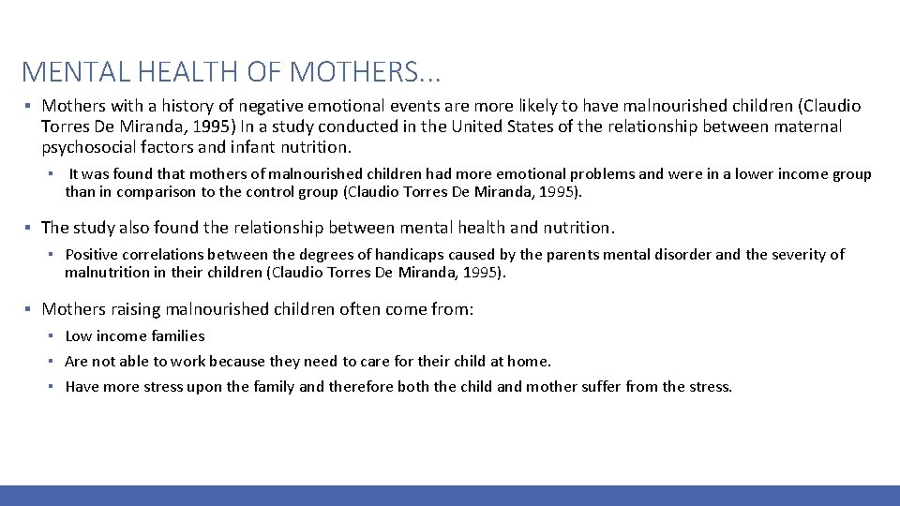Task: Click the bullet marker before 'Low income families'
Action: pyautogui.click(x=55, y=335)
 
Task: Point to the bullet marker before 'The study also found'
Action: pyautogui.click(x=29, y=228)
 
